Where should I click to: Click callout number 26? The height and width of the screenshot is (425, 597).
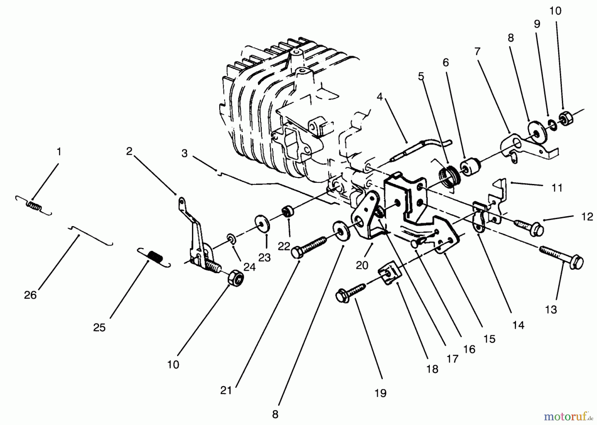30,295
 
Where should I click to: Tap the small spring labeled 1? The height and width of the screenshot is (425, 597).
34,206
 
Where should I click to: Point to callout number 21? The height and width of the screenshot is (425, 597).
226,391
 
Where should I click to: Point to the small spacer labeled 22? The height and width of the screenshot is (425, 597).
288,211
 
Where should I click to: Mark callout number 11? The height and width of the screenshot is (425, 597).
557,188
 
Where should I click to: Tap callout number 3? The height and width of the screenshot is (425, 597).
184,153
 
